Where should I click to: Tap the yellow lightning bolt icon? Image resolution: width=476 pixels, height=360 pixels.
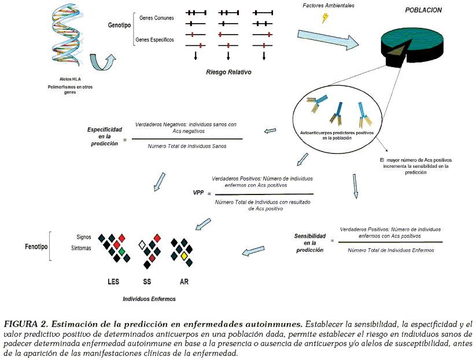[x=326, y=18]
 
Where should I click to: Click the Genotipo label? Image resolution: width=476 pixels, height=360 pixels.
[x=119, y=25]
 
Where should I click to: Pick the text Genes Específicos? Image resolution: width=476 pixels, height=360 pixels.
[x=154, y=40]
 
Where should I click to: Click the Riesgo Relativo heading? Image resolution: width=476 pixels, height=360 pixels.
[x=228, y=73]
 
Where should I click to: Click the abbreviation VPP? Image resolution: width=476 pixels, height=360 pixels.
[x=198, y=193]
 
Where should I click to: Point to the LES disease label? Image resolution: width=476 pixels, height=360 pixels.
[x=113, y=282]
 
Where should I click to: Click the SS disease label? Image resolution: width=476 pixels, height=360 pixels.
[x=147, y=282]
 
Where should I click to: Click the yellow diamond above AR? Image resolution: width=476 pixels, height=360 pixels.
[x=183, y=255]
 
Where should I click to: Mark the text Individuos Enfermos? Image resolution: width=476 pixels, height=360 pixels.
[x=149, y=299]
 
